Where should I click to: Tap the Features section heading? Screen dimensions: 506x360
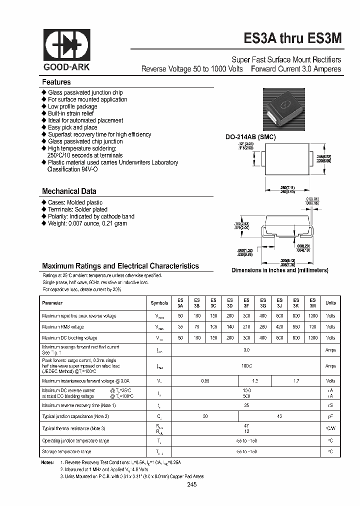pyautogui.click(x=56, y=82)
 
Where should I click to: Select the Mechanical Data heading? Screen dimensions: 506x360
pyautogui.click(x=69, y=191)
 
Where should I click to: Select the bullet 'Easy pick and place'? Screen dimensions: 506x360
pyautogui.click(x=72, y=127)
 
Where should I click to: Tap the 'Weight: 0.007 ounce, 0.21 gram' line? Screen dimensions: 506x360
pyautogui.click(x=87, y=223)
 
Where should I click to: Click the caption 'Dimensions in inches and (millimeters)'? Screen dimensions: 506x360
pyautogui.click(x=279, y=270)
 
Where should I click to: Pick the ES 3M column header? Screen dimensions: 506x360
pyautogui.click(x=313, y=303)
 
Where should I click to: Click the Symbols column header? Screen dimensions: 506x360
pyautogui.click(x=159, y=303)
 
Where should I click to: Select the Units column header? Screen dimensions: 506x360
pyautogui.click(x=330, y=303)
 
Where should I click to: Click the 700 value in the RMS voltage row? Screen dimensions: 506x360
pyautogui.click(x=313, y=326)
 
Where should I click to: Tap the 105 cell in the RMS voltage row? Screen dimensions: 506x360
pyautogui.click(x=213, y=326)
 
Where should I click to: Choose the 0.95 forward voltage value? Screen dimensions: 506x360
pyautogui.click(x=204, y=381)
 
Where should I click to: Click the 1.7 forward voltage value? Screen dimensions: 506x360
pyautogui.click(x=296, y=381)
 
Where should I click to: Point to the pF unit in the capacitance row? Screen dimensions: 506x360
pyautogui.click(x=330, y=416)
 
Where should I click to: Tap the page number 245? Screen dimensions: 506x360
pyautogui.click(x=192, y=485)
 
